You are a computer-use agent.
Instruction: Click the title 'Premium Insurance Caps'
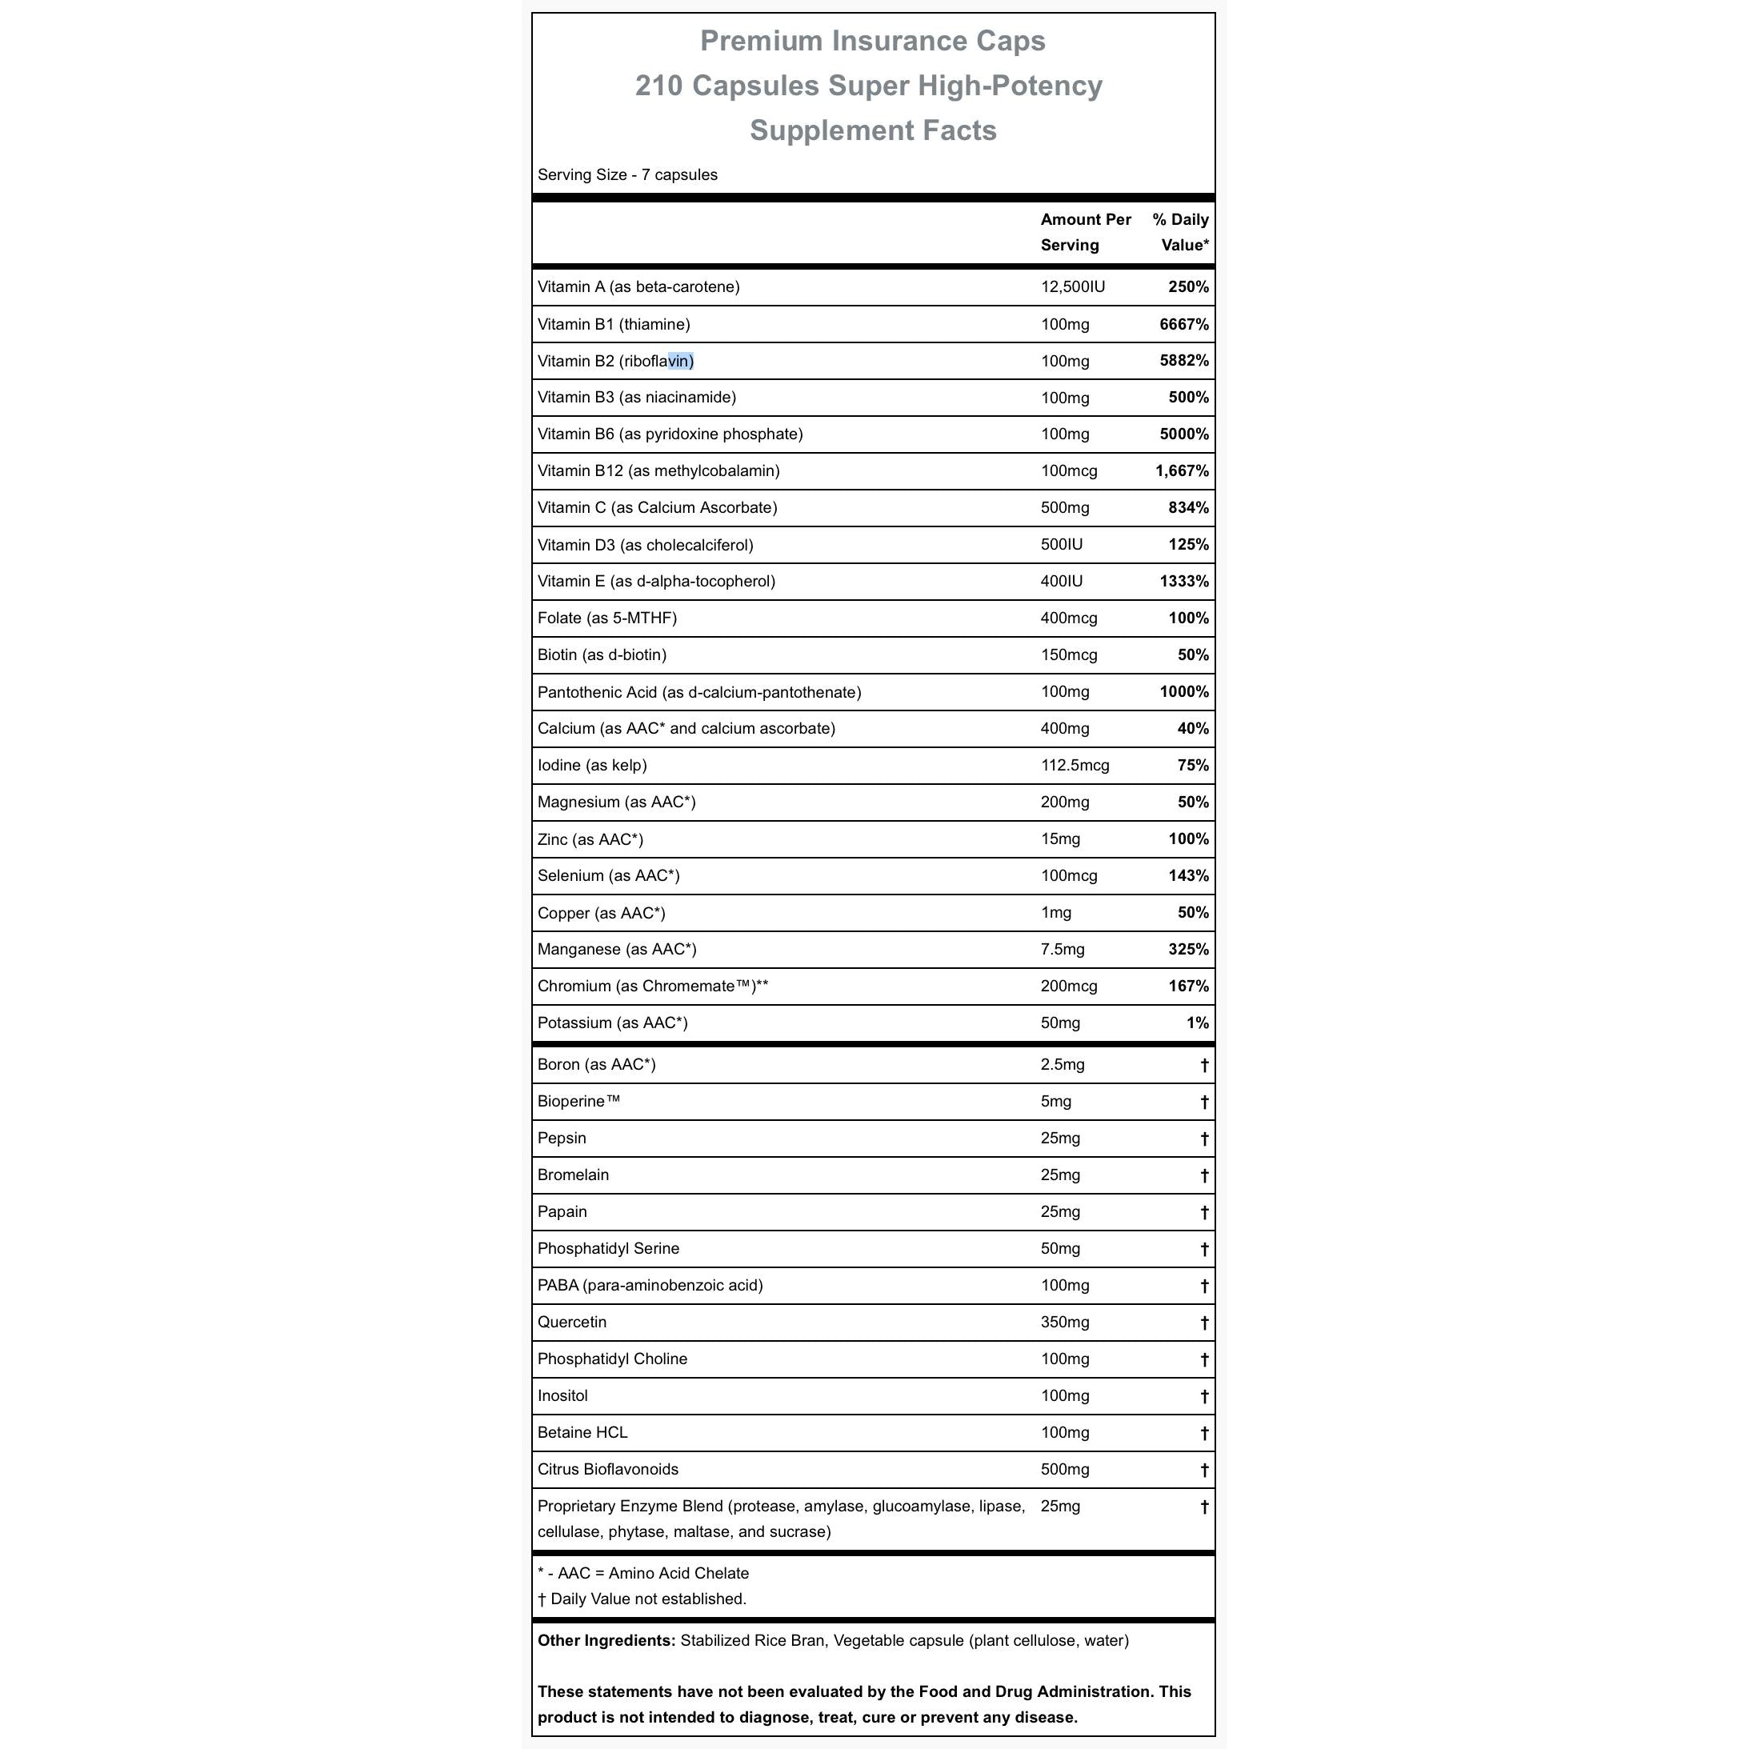(873, 42)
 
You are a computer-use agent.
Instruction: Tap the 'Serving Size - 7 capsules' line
(627, 174)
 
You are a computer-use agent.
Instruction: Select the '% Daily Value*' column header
(1180, 233)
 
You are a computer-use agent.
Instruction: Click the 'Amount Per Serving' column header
(1086, 233)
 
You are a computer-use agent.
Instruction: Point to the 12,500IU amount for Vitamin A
(1073, 287)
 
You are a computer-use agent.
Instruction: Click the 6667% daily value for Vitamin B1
(1184, 324)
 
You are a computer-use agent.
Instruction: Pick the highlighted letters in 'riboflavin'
(681, 361)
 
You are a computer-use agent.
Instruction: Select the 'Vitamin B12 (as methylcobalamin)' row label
(658, 470)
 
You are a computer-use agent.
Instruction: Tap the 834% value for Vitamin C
(1189, 508)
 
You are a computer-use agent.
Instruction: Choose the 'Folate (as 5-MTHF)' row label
(606, 618)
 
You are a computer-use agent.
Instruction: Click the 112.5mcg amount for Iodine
(1075, 766)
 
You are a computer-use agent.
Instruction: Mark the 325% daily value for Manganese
(1189, 950)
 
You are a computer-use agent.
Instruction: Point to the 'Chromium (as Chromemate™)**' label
(653, 987)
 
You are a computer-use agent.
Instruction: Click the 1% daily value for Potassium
(1198, 1023)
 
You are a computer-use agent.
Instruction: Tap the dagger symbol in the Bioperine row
(1204, 1102)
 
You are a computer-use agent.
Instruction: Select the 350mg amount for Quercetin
(1065, 1323)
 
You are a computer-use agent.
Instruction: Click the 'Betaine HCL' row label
(582, 1433)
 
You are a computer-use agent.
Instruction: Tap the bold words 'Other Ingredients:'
(606, 1640)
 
